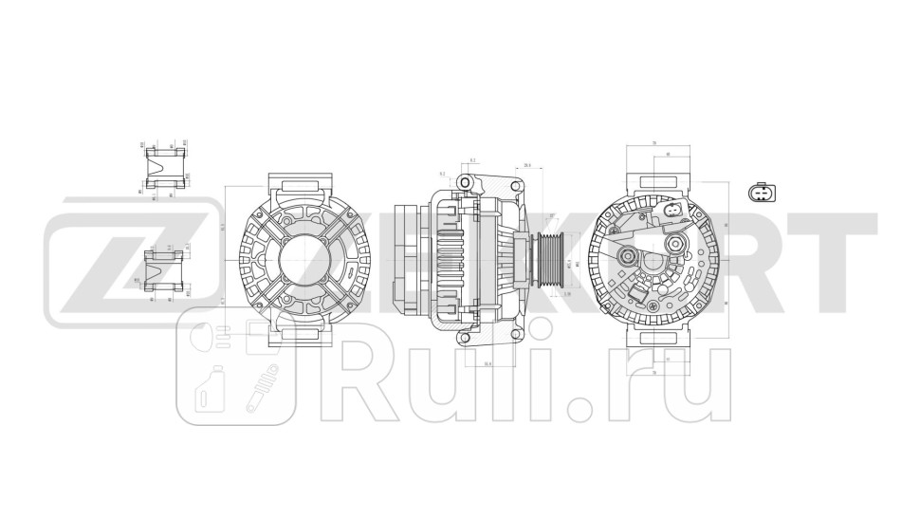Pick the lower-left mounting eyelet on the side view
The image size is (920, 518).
(x=465, y=335)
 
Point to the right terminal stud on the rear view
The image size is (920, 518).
(x=675, y=246)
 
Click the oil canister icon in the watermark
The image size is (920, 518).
(x=209, y=389)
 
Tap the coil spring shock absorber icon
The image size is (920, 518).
(x=258, y=389)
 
